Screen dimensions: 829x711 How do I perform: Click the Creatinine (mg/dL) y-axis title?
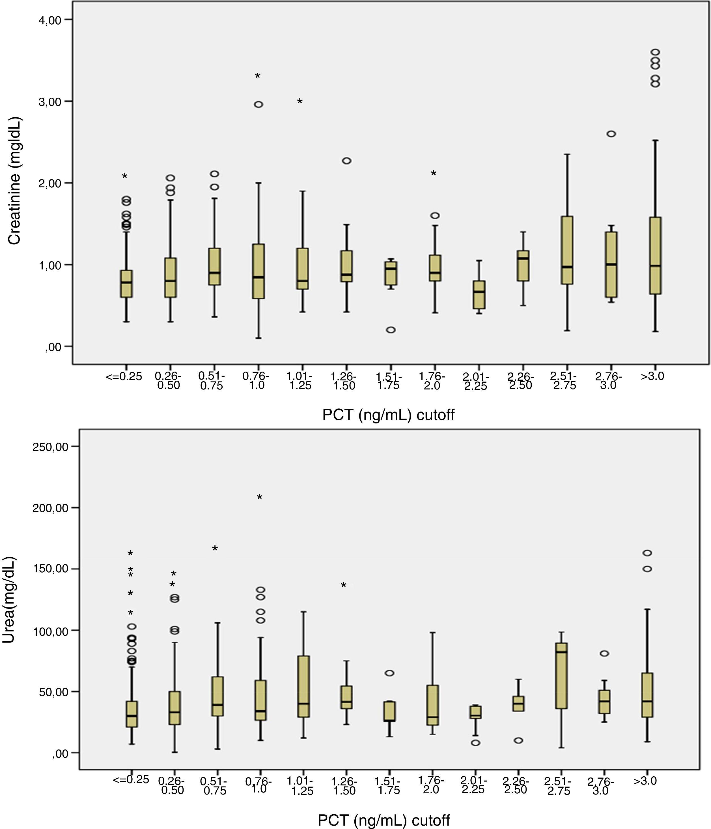[14, 181]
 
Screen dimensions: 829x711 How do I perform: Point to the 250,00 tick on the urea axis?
[50, 447]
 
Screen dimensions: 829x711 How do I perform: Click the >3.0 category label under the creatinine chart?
[652, 376]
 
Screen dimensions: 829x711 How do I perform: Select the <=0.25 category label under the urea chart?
[130, 779]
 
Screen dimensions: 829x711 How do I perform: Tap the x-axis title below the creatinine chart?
[388, 415]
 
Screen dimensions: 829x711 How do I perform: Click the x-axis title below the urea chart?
[383, 820]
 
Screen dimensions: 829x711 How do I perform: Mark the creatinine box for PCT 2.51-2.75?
[567, 250]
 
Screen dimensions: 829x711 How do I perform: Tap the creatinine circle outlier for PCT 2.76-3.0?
[611, 134]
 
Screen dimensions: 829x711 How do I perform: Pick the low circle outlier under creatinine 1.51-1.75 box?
[391, 330]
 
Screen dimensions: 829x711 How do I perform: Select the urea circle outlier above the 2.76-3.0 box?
[605, 653]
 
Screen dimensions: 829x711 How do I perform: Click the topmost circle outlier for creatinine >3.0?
[655, 52]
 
